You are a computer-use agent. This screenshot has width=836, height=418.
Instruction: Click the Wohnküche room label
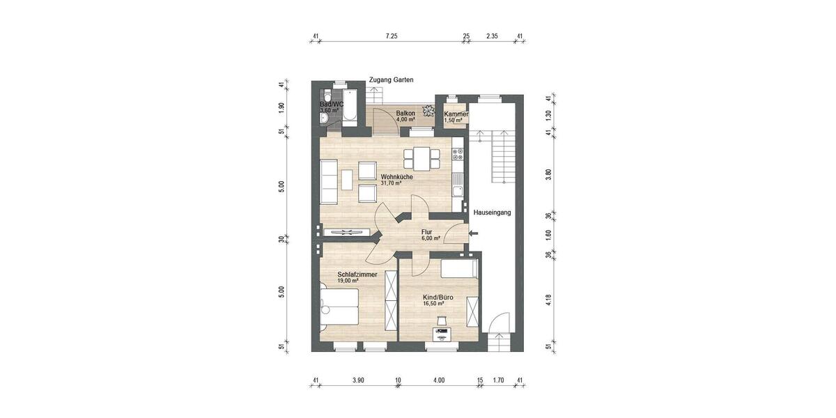click(396, 177)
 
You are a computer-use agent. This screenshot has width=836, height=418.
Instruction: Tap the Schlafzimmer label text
click(357, 274)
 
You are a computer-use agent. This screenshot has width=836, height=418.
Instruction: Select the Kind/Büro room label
click(438, 297)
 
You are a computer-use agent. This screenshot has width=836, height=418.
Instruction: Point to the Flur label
click(427, 232)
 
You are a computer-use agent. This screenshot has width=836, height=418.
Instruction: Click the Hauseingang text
click(492, 212)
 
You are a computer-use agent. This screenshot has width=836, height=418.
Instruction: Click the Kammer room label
click(456, 114)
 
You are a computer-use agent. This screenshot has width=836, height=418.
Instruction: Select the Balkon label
click(405, 113)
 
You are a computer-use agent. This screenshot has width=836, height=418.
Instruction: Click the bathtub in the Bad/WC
click(350, 108)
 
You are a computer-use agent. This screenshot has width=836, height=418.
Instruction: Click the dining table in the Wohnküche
click(422, 159)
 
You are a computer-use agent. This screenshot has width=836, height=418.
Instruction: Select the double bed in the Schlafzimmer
click(339, 307)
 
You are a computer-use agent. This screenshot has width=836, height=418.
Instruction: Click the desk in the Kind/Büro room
click(442, 334)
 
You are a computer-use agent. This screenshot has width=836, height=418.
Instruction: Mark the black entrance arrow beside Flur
click(474, 233)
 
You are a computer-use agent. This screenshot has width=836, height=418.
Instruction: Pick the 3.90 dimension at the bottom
click(358, 380)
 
